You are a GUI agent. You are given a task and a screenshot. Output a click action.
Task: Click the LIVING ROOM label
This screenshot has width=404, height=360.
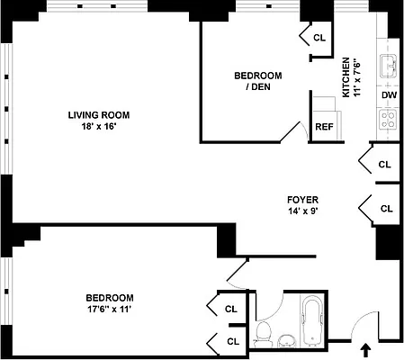coord(99,114)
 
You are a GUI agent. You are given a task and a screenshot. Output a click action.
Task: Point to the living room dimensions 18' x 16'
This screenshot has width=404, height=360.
coord(99,127)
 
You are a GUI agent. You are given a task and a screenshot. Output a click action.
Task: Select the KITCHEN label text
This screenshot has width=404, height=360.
coord(346,77)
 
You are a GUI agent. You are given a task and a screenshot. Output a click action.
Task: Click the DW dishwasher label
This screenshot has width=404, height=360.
coord(389,94)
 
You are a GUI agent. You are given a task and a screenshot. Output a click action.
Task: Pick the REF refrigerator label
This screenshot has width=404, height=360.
coord(324,127)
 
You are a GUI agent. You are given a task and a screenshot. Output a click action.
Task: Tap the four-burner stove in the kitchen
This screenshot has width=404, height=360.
coord(390,117)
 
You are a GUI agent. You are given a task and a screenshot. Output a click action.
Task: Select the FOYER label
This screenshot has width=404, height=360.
coord(301,200)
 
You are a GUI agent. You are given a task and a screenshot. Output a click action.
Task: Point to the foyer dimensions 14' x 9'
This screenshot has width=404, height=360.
coord(301,212)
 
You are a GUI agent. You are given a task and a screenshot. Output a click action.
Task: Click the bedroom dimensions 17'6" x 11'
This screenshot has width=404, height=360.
coord(110,310)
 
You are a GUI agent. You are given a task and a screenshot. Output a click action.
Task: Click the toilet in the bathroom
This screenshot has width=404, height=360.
coord(264,334)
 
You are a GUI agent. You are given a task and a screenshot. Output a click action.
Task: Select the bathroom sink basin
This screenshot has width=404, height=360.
coord(287,340)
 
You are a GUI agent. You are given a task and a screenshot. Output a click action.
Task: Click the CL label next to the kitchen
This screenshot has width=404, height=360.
coord(320,38)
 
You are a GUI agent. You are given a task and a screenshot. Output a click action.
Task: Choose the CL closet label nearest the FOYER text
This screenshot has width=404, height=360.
coord(386,208)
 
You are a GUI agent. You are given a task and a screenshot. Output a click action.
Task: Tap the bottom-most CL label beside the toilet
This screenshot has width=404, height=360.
coord(232,341)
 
